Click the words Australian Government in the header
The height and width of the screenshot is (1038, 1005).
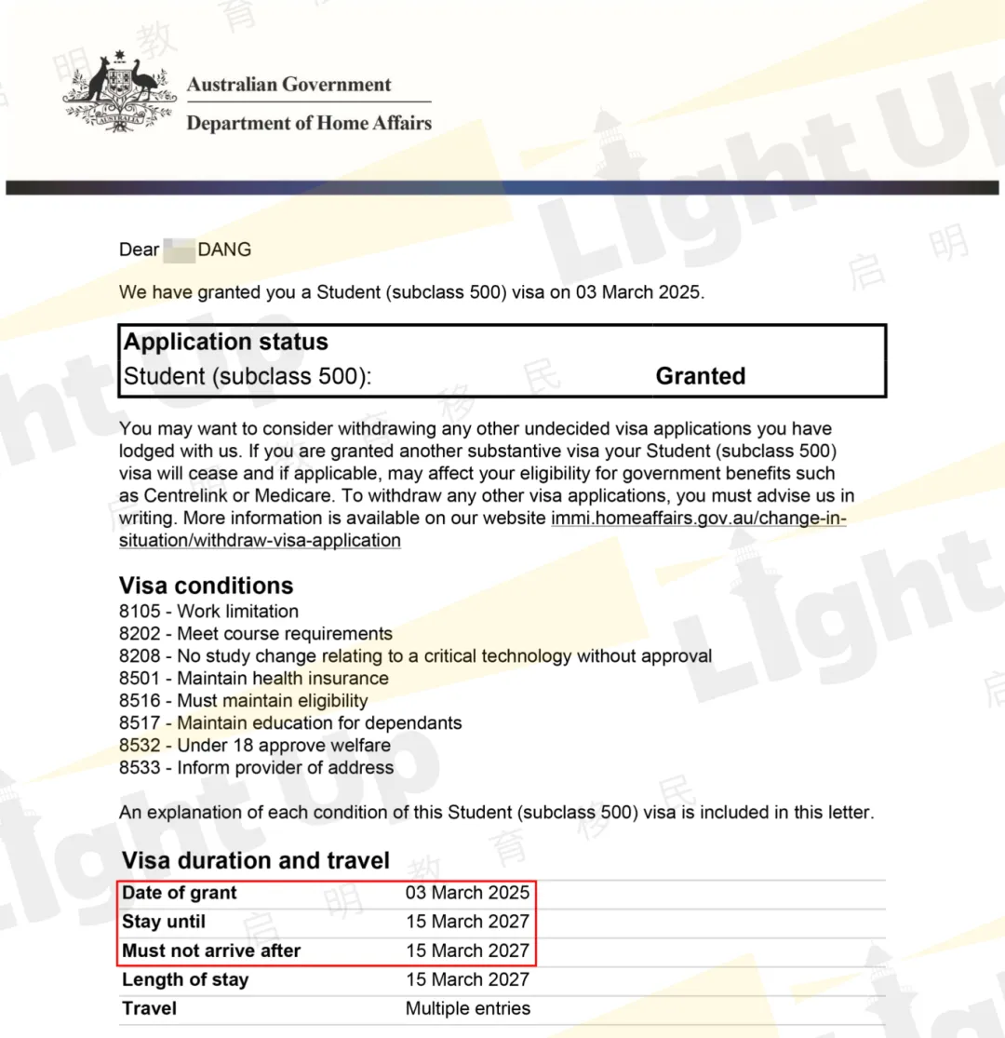(288, 85)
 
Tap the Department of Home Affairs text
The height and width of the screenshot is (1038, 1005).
(309, 123)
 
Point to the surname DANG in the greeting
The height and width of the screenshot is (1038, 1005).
(224, 249)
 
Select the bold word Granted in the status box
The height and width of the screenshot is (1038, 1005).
(700, 376)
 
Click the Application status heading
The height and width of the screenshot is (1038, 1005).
(226, 342)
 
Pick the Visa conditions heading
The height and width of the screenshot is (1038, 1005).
(206, 586)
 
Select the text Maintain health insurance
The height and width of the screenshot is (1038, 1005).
(283, 679)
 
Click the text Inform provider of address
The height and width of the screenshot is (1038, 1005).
(285, 768)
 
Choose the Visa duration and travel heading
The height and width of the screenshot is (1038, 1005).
(256, 860)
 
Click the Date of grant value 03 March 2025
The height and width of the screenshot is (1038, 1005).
(467, 893)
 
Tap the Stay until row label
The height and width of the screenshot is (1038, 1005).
(164, 922)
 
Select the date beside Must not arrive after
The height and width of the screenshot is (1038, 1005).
(467, 951)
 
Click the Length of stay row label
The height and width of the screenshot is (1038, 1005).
(185, 979)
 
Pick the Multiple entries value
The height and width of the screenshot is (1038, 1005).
(467, 1008)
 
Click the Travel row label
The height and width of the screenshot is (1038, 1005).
(149, 1008)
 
